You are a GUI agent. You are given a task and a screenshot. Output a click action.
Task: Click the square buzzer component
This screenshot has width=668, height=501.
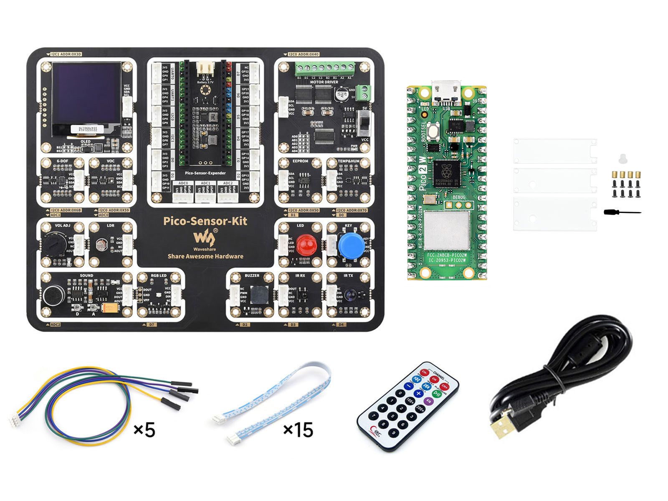[x=259, y=295]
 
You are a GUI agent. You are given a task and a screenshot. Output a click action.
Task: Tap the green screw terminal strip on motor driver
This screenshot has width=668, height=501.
[x=325, y=68]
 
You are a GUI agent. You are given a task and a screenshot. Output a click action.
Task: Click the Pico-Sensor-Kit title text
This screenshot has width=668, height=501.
[x=205, y=221]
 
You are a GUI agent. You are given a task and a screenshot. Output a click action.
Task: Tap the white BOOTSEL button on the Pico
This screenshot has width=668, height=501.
[x=434, y=132]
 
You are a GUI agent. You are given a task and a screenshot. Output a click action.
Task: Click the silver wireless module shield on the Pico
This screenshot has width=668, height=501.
[x=447, y=230]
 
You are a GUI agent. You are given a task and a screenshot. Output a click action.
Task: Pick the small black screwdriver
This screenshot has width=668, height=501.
[x=622, y=213]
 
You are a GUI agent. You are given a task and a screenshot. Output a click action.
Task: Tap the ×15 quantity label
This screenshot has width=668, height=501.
[x=298, y=430]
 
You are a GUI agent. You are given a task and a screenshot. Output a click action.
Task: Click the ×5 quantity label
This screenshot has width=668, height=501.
[x=144, y=430]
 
